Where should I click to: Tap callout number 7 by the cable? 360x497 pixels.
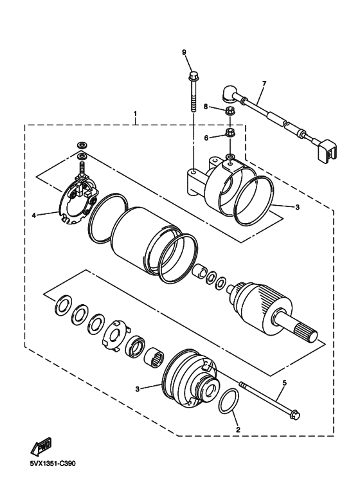(264, 84)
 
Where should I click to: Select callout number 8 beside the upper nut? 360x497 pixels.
(205, 107)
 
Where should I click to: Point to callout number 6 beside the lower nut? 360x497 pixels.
(206, 138)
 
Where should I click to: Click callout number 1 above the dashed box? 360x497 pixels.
(135, 113)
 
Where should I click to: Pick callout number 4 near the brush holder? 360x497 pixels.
(34, 215)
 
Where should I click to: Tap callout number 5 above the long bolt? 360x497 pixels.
(284, 383)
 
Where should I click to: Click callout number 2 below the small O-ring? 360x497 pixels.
(238, 429)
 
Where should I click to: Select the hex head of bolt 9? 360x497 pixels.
(193, 76)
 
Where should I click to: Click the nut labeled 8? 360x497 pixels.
(229, 111)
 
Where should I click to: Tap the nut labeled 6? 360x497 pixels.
(230, 132)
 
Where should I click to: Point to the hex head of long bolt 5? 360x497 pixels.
(295, 414)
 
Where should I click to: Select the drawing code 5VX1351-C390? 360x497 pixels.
(53, 464)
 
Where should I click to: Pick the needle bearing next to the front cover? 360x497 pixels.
(154, 357)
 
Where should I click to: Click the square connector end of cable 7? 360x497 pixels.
(326, 150)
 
